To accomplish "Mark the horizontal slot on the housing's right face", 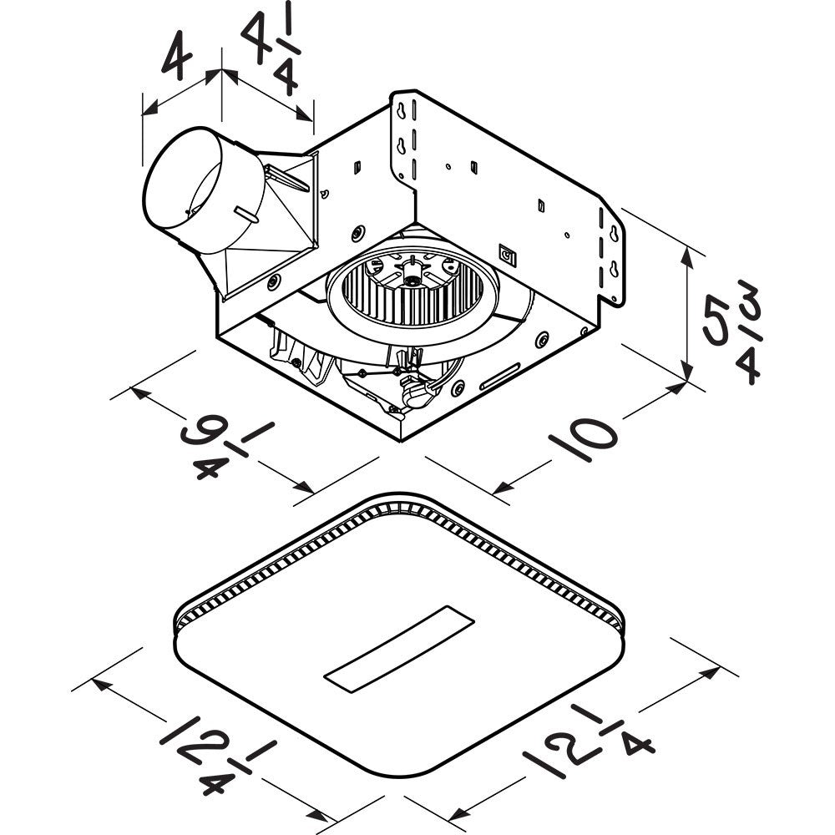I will click(499, 377).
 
